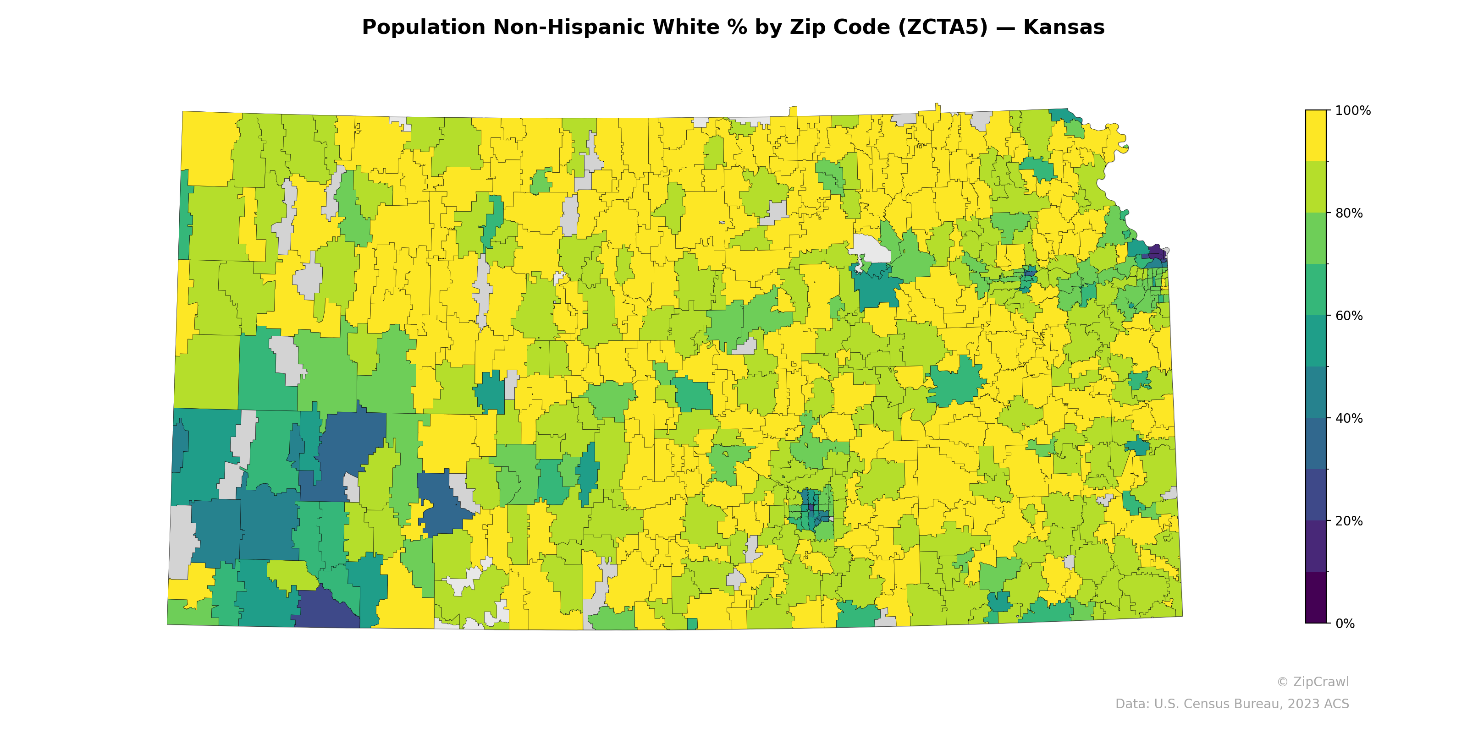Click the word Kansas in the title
[1063, 27]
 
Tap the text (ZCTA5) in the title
[943, 27]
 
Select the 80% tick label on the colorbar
[1349, 213]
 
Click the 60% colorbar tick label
[1349, 316]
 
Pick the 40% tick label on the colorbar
[1349, 418]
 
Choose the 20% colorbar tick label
[1349, 521]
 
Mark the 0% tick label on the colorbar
[1345, 624]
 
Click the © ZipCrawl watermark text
[1312, 682]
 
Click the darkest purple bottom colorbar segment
[1316, 597]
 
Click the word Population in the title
[423, 27]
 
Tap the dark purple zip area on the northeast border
[1156, 252]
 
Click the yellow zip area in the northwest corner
[208, 148]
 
